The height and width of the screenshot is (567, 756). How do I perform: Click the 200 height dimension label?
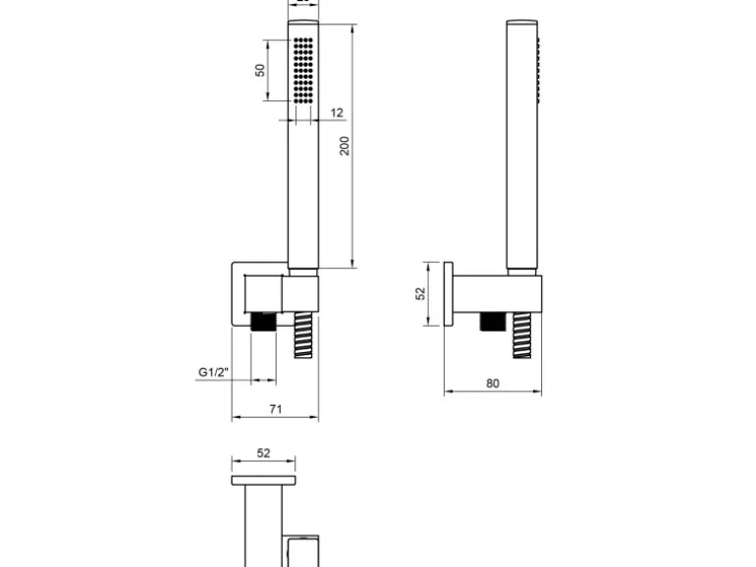(345, 146)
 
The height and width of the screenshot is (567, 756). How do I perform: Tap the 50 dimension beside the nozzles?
(260, 71)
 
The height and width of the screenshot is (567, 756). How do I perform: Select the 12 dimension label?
(337, 113)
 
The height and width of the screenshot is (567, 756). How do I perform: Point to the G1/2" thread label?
(214, 372)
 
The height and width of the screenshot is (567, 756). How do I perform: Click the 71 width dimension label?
(275, 409)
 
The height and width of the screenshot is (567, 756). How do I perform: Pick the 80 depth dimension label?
(492, 384)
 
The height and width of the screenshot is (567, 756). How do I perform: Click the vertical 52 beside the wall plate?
(421, 293)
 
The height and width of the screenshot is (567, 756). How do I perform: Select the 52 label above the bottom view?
(263, 453)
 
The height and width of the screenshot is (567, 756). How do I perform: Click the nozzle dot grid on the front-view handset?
(303, 71)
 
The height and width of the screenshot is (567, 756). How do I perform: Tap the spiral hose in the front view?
(303, 335)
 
